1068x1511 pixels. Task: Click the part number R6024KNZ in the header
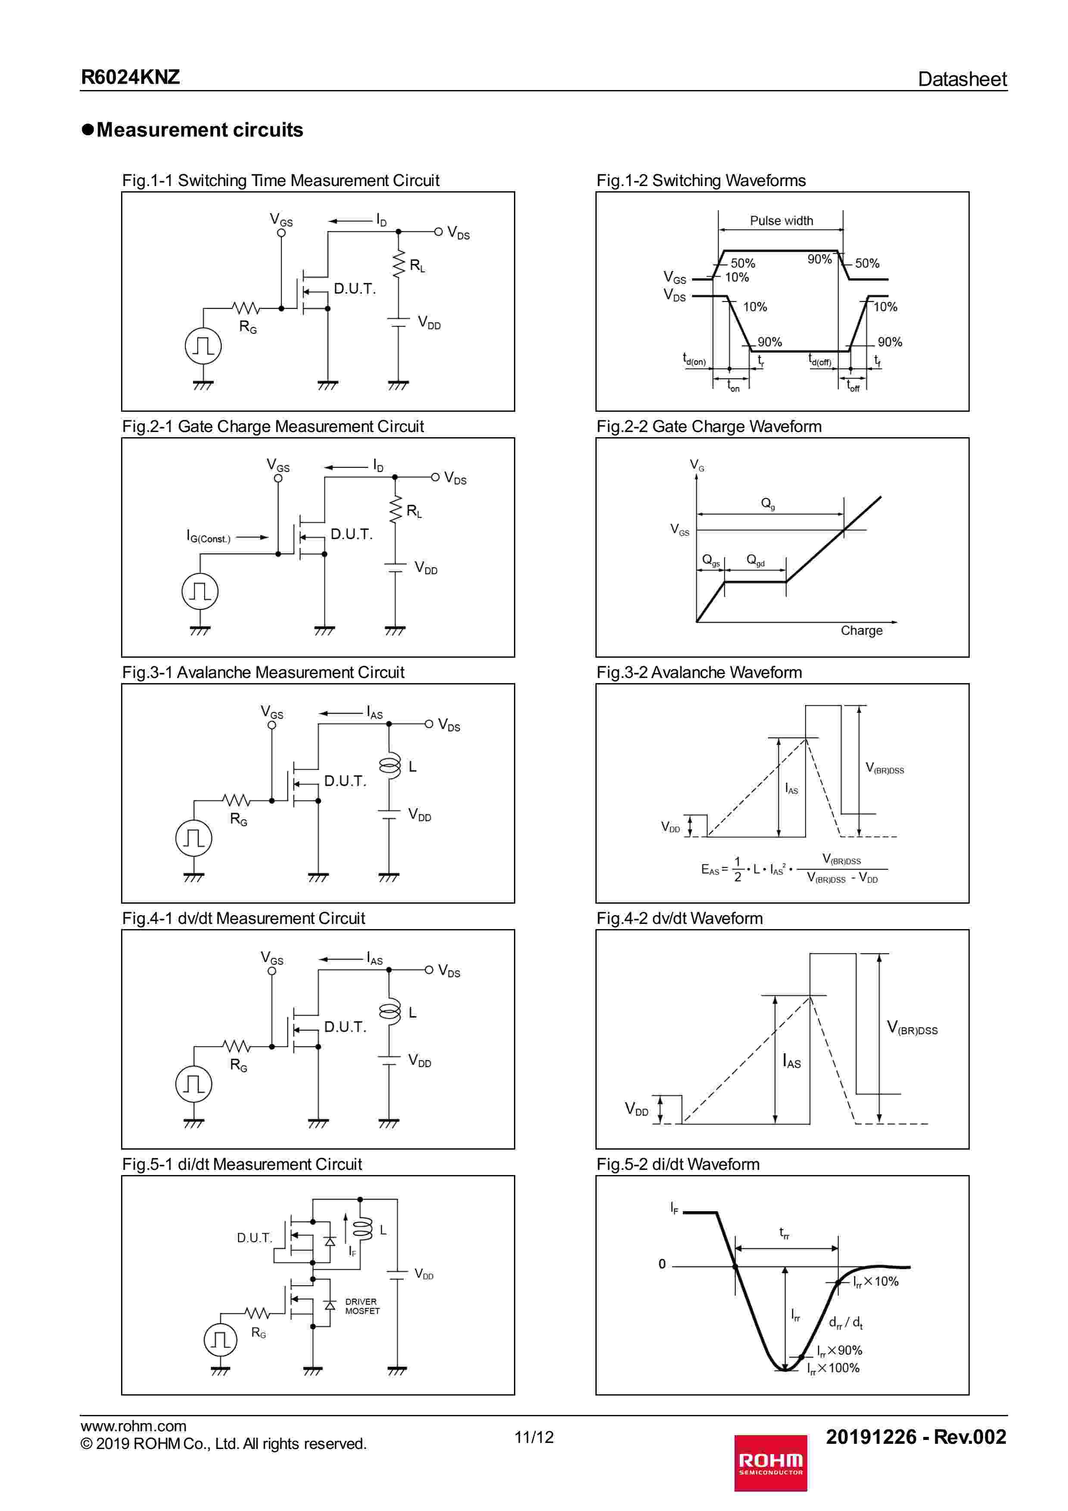tap(130, 77)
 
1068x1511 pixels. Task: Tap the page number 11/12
tap(534, 1436)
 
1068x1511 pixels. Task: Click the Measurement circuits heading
tap(199, 130)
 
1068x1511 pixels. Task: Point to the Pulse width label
tap(781, 221)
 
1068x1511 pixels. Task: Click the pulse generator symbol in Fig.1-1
tap(202, 345)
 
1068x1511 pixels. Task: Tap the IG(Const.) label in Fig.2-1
tap(209, 537)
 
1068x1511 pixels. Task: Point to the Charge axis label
tap(861, 631)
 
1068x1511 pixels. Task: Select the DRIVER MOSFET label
tap(362, 1306)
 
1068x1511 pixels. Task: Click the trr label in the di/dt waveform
tap(784, 1232)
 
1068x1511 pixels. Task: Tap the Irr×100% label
tap(834, 1368)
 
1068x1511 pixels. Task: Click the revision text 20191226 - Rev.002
tap(915, 1436)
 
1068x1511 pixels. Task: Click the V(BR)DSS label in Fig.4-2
tap(912, 1028)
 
